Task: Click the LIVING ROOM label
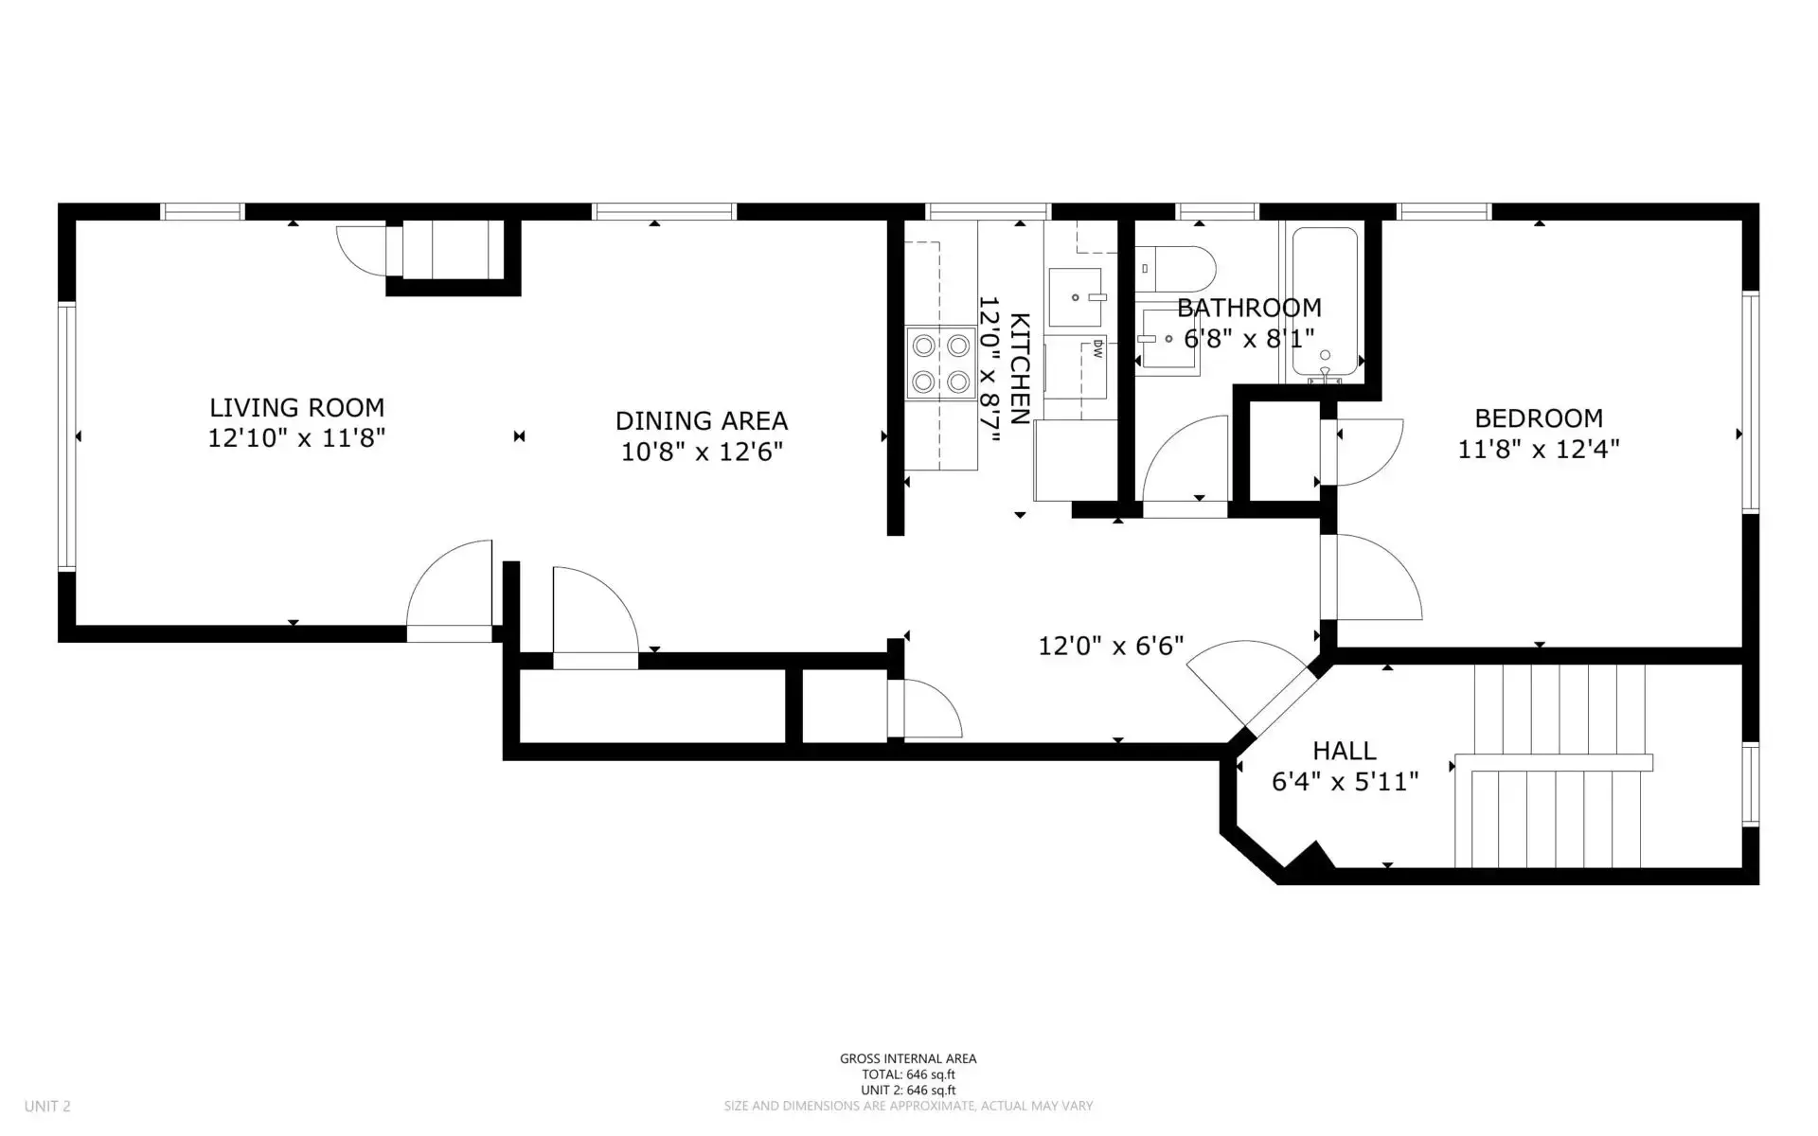(296, 408)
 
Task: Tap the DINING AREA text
(702, 420)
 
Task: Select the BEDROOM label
(1539, 417)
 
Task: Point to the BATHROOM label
(1249, 308)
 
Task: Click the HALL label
(1345, 751)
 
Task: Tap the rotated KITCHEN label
(1020, 368)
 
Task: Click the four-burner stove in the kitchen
(940, 364)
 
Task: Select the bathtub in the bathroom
(1325, 304)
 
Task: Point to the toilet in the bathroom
(1175, 269)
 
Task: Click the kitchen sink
(1077, 297)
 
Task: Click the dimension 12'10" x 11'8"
(296, 438)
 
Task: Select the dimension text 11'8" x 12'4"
(1539, 449)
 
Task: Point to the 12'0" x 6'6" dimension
(1112, 646)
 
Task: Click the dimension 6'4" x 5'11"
(1345, 782)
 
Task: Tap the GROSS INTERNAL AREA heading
(908, 1059)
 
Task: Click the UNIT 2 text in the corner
(47, 1106)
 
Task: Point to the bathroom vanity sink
(1168, 338)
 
